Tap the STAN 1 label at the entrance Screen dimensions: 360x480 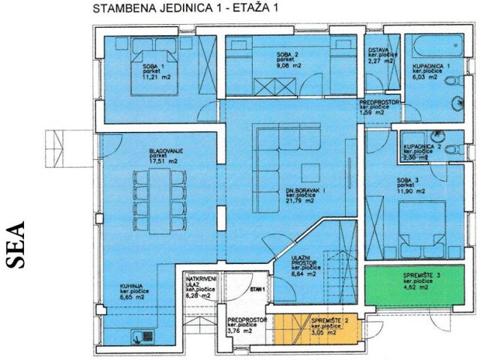click(x=258, y=288)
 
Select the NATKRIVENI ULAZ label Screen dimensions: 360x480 click(x=200, y=283)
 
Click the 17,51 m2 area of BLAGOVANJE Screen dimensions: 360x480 click(x=163, y=160)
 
